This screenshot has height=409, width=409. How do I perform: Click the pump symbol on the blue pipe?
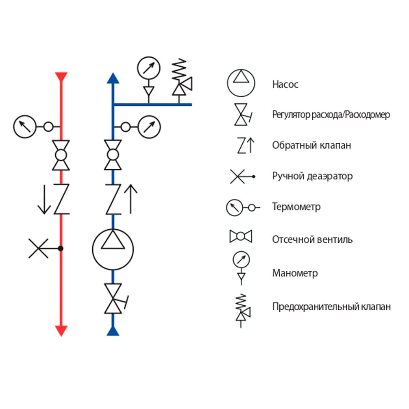pos(113,249)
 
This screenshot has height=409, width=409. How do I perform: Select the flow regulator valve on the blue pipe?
pos(115,298)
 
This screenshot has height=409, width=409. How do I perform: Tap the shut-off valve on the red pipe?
pos(61,155)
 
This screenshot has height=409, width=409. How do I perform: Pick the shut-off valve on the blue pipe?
pos(113,155)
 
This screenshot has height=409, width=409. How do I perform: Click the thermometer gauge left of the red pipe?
pos(25,127)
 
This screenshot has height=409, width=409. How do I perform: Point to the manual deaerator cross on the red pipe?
pos(38,248)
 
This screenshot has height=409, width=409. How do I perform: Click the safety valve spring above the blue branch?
pos(179,69)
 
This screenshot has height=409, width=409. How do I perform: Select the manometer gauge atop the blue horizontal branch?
pos(149,68)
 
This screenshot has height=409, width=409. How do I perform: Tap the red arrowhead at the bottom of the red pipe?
pos(61,331)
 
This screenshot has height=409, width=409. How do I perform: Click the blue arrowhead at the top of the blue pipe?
pos(113,78)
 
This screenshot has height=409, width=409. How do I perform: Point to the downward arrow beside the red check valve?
pos(44,199)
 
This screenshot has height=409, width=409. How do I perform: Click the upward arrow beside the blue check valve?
pos(131,199)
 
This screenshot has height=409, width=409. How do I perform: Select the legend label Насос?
pos(285,85)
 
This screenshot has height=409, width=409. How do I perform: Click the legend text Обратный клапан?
pos(311,145)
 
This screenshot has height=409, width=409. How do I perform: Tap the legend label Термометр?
pos(296,207)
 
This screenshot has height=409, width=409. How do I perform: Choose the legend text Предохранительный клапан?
pos(331,307)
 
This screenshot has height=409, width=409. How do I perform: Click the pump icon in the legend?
pos(241,83)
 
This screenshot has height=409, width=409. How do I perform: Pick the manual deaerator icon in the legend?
pos(242,176)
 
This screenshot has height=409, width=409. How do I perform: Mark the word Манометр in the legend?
pos(295,273)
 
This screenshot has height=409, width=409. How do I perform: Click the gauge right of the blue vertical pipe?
pos(149,127)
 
